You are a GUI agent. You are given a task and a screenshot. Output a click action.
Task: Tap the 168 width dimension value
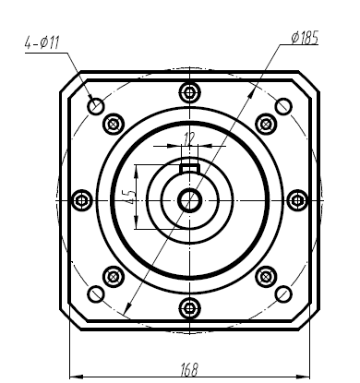(188, 369)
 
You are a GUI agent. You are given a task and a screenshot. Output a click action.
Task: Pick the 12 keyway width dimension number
(190, 139)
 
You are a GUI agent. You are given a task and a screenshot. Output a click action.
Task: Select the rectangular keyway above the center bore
(189, 168)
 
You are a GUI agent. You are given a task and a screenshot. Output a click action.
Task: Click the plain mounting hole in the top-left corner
(96, 104)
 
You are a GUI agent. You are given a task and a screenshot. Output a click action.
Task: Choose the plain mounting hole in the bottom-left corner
(96, 294)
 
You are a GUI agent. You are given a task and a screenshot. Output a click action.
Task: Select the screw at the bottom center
(189, 307)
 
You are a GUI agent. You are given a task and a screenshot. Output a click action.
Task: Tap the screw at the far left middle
(81, 199)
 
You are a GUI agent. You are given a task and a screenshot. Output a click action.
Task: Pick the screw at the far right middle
(297, 199)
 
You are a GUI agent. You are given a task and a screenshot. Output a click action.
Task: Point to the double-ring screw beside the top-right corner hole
(266, 123)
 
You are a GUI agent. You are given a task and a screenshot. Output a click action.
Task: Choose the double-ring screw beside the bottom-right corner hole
(266, 276)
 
